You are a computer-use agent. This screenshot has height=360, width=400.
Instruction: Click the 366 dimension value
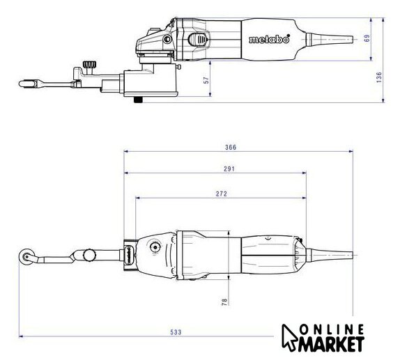[x=231, y=147]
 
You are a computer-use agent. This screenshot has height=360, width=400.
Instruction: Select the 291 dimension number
[x=229, y=169]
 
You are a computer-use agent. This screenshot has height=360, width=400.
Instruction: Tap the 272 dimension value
[x=221, y=194]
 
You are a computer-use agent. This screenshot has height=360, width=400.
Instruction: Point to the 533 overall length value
[x=176, y=332]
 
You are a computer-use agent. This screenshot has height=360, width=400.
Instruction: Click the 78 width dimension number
[x=224, y=302]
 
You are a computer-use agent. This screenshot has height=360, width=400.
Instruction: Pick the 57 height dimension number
[x=206, y=80]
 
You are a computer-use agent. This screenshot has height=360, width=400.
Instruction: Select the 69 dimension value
[x=367, y=38]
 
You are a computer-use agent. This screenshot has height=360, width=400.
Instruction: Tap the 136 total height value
[x=379, y=77]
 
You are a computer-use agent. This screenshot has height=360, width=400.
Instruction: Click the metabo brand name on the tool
[x=270, y=39]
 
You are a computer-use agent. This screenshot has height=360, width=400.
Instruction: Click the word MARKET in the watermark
[x=331, y=345]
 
